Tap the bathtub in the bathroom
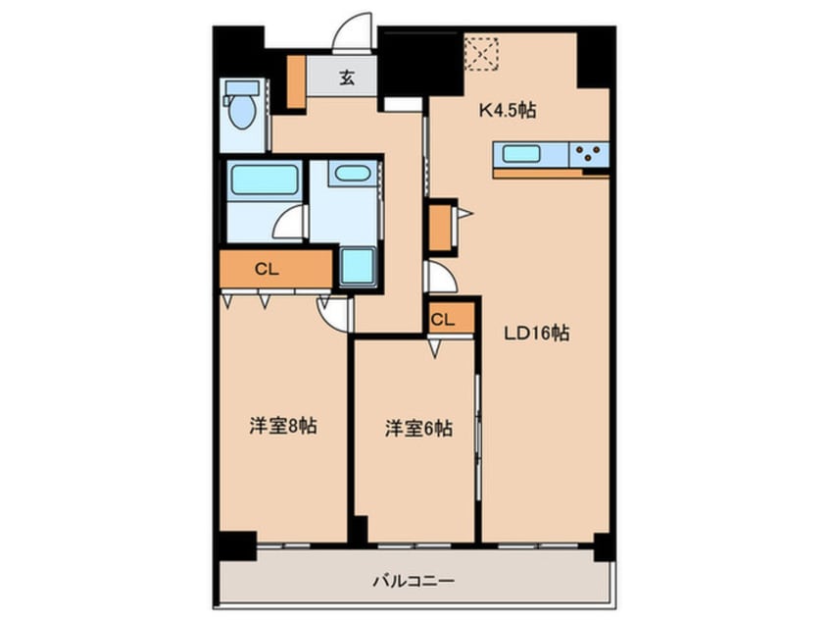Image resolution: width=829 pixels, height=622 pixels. (x=264, y=181)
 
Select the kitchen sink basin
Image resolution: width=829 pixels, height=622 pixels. (x=522, y=153)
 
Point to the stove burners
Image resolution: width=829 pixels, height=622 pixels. (x=589, y=153)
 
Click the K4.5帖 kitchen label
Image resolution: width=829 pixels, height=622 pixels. (x=506, y=111)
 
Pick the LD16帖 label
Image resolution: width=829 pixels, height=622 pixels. (x=536, y=333)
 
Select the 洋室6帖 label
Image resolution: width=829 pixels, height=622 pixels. (x=418, y=428)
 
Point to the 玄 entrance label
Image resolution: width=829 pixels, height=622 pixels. (x=347, y=78)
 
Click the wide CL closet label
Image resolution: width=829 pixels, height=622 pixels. (x=264, y=269)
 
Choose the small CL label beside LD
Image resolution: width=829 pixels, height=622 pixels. (x=443, y=319)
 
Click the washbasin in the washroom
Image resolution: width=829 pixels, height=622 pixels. (x=351, y=175)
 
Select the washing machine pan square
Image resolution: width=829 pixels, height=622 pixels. (x=358, y=266)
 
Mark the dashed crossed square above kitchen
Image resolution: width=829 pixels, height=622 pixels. (x=481, y=53)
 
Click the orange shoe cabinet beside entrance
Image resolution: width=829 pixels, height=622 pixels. (x=296, y=81)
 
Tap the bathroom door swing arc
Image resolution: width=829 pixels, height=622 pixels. (x=290, y=223)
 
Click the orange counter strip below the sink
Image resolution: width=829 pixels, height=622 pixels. (x=550, y=174)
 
